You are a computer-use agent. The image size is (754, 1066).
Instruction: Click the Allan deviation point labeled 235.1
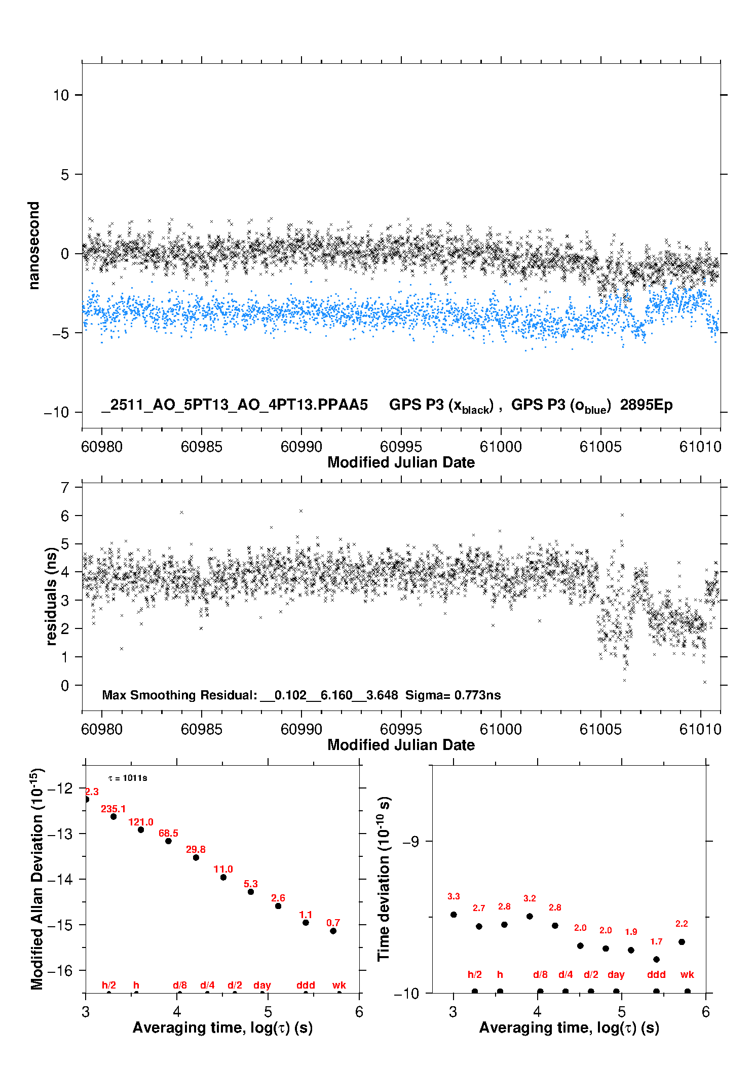[114, 816]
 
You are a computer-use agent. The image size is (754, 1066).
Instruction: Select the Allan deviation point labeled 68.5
[168, 841]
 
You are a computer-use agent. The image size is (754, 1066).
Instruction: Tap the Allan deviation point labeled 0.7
[333, 931]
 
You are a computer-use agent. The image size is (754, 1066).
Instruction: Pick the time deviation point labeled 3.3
[454, 915]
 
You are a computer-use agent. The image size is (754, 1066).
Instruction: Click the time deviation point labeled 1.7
[656, 959]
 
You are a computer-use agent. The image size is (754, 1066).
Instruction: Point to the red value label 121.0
[140, 822]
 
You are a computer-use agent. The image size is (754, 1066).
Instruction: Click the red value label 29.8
[196, 849]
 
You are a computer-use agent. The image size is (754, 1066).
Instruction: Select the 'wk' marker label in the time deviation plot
[687, 974]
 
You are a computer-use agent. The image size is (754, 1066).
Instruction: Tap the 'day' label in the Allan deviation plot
[262, 985]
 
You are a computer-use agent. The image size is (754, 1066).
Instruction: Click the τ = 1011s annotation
[128, 778]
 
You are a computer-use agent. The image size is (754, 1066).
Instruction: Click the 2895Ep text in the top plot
[646, 405]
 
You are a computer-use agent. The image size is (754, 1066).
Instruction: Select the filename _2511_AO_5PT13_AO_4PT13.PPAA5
[235, 405]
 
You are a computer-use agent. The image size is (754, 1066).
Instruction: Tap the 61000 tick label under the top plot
[501, 447]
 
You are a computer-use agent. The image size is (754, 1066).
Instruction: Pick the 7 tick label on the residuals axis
[64, 488]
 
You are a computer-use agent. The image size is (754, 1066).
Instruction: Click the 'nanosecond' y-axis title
[33, 246]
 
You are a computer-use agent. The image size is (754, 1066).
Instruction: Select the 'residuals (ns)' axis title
[51, 596]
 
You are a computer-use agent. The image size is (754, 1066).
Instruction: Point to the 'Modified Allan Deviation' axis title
[36, 879]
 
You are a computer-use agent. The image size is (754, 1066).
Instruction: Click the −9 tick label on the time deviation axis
[410, 841]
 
